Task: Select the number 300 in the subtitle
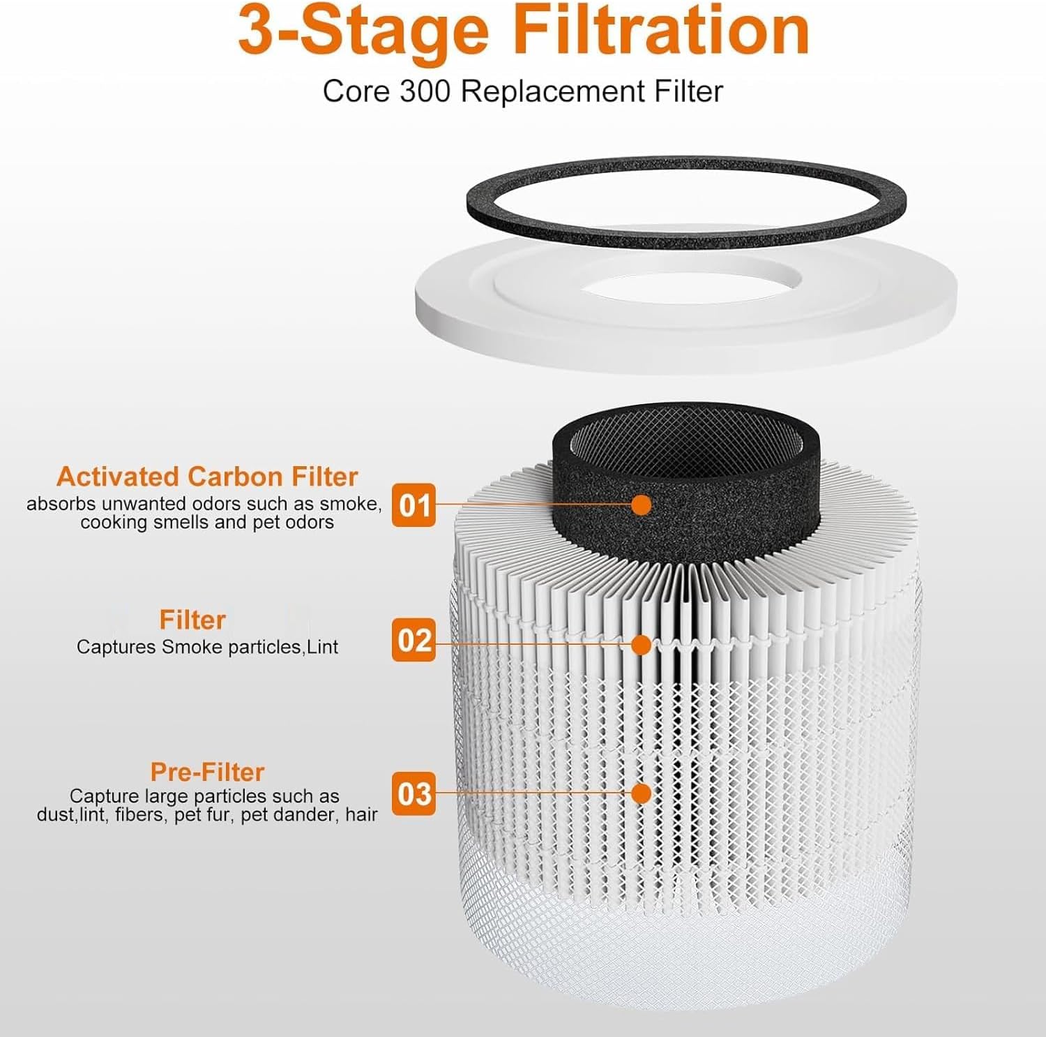pos(425,91)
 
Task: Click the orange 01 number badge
pos(414,505)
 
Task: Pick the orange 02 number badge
pos(414,640)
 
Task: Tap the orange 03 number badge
pos(414,793)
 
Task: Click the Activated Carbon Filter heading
pos(207,477)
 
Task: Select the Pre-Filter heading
pos(207,772)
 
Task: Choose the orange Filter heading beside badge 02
pos(192,620)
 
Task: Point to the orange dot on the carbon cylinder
pos(641,505)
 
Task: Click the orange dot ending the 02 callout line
pos(641,645)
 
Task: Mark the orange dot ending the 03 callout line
pos(641,793)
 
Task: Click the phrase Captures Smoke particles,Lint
pos(207,647)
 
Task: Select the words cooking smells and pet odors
pos(207,523)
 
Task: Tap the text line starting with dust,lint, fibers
pos(207,814)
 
